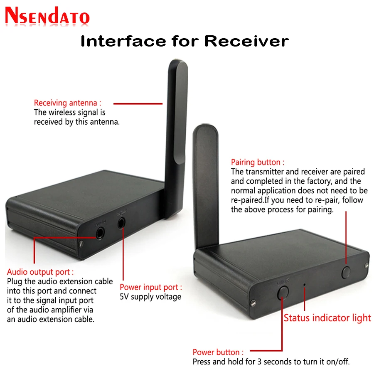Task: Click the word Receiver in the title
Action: coord(246,41)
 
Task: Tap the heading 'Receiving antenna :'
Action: coord(67,103)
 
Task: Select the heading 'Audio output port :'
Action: coord(40,272)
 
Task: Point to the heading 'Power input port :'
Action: coord(150,287)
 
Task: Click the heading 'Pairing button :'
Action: coord(258,162)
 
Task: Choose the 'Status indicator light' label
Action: coord(327,318)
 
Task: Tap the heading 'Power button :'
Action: coord(218,352)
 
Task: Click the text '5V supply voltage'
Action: coord(150,297)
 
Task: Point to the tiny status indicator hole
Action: coord(305,285)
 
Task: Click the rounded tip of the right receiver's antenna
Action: coord(206,129)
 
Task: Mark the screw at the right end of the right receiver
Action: coord(367,265)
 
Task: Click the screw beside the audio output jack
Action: coord(82,243)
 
